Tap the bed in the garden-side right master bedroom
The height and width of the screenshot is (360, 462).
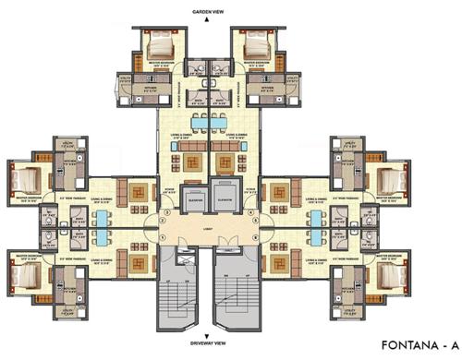(250, 47)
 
